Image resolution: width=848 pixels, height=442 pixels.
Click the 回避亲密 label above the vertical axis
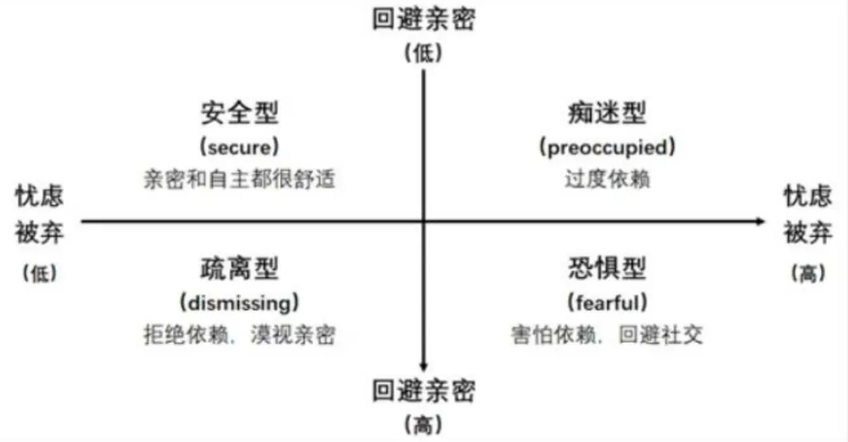pyautogui.click(x=423, y=19)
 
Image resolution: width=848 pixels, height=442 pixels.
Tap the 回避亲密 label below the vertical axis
pyautogui.click(x=423, y=392)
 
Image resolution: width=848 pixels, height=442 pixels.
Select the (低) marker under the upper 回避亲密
pyautogui.click(x=423, y=53)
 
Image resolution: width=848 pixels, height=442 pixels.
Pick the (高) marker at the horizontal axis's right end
pyautogui.click(x=807, y=273)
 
